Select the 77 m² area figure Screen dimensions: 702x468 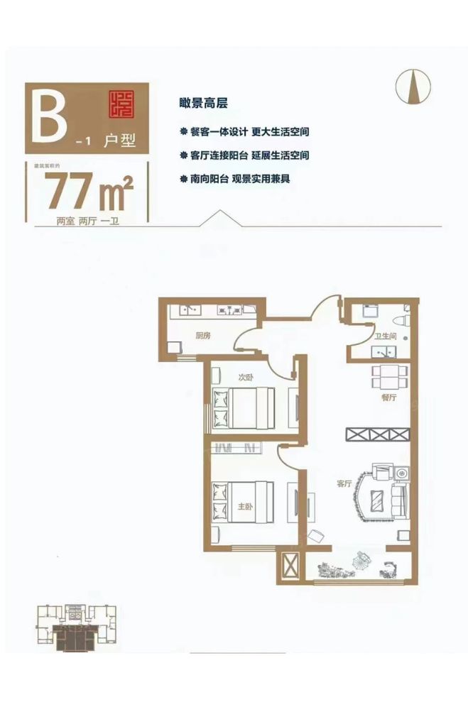tap(88, 191)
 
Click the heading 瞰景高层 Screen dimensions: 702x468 tap(203, 102)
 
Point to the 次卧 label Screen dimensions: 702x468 tap(246, 377)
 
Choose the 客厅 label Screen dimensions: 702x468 tap(344, 483)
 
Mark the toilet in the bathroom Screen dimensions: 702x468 tap(403, 317)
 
